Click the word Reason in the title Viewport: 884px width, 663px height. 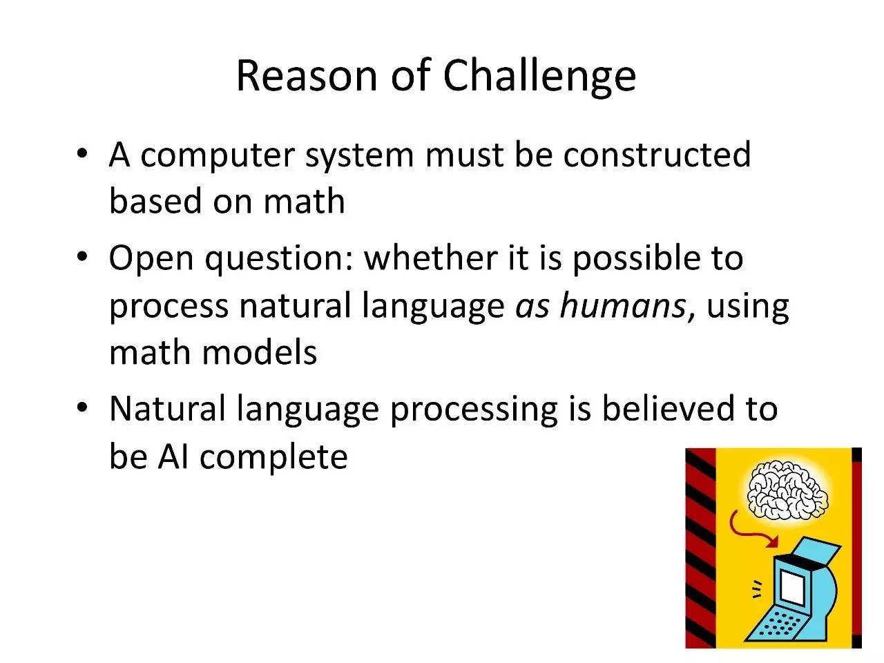click(307, 76)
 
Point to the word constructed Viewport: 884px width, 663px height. click(657, 154)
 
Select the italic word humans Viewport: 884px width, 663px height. click(624, 305)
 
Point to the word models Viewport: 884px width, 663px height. click(260, 352)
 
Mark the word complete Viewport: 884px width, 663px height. click(273, 459)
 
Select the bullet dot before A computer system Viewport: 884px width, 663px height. click(82, 154)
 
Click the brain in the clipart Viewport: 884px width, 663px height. click(787, 491)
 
